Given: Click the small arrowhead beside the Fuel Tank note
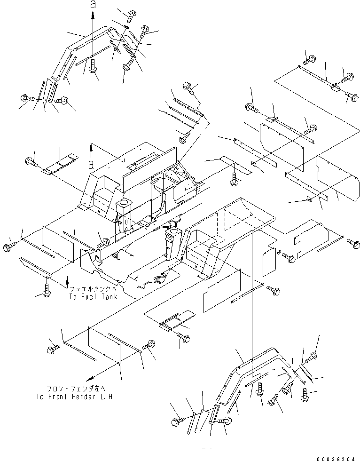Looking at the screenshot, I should (x=67, y=280).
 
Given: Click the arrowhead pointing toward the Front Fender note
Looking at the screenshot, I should (x=89, y=377).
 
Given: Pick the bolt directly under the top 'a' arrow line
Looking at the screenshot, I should (x=93, y=66).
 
